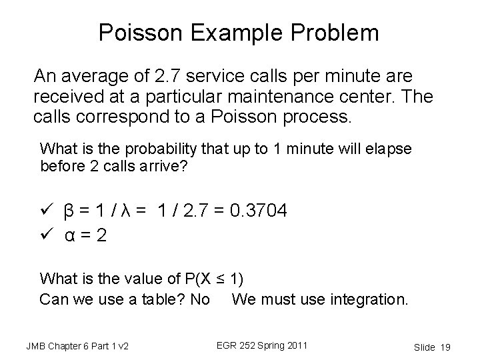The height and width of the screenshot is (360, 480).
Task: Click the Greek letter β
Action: click(x=68, y=212)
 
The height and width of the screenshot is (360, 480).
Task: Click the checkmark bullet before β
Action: click(x=46, y=212)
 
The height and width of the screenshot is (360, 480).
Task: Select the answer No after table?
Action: click(x=200, y=299)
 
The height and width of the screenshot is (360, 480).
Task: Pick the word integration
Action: click(x=368, y=299)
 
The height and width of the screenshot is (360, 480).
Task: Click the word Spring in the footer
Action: click(x=264, y=345)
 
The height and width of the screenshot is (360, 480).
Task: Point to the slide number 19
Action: click(x=446, y=347)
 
